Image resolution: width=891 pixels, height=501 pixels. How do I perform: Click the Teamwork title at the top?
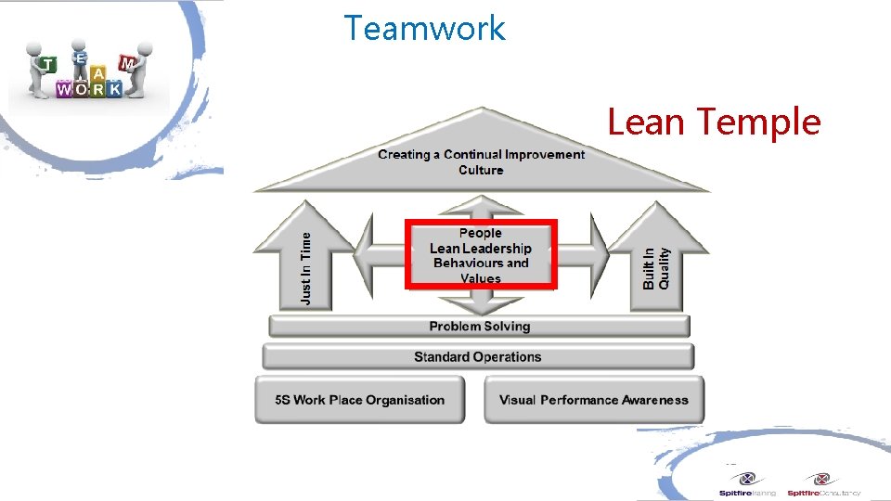click(x=424, y=28)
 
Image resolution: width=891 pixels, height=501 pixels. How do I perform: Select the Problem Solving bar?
click(x=479, y=326)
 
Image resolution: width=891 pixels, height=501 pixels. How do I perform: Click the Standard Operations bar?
click(x=477, y=356)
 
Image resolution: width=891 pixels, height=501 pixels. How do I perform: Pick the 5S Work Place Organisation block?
click(x=360, y=400)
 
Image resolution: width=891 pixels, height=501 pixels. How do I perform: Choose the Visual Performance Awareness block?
click(x=593, y=400)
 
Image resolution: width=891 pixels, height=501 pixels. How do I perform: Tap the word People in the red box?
click(x=480, y=233)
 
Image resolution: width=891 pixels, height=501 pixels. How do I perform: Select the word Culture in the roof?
click(x=481, y=170)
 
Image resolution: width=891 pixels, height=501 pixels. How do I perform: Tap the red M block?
click(x=126, y=62)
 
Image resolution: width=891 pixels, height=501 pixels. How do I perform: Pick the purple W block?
click(x=64, y=90)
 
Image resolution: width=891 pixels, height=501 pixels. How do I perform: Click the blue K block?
click(x=114, y=89)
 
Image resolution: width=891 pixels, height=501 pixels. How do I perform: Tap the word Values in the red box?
click(x=480, y=278)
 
